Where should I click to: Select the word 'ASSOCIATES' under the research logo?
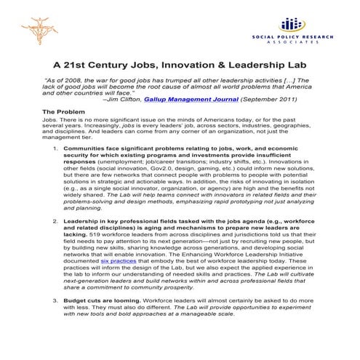coord(290,42)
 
